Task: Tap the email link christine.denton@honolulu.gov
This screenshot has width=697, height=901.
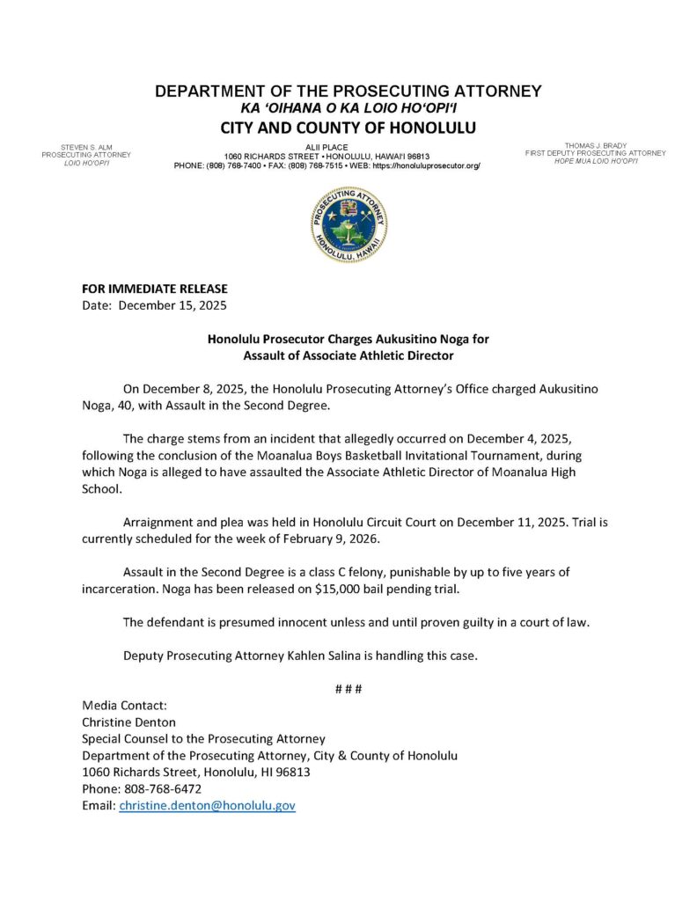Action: coord(207,805)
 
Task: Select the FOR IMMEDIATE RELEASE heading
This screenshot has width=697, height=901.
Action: coord(154,289)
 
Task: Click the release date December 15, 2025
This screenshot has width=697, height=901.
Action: coord(172,306)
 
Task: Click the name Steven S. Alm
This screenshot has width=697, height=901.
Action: coord(86,146)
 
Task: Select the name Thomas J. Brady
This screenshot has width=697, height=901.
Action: coord(596,145)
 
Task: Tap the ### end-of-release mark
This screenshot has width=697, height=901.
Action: coord(348,687)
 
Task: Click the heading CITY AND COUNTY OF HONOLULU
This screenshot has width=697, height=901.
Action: coord(348,128)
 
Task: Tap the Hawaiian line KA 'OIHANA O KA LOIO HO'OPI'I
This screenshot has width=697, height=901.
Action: coord(348,107)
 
